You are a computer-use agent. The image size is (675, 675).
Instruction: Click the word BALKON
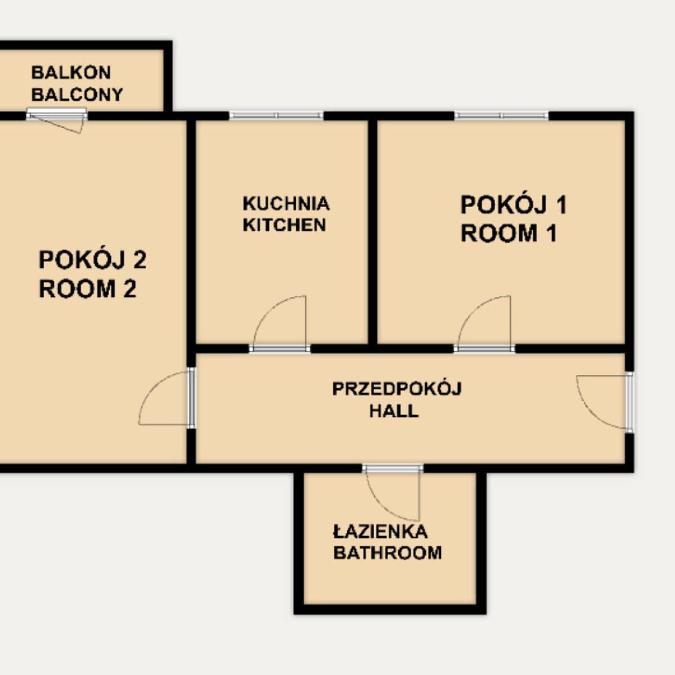click(71, 73)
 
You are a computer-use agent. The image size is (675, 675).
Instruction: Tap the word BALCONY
click(78, 94)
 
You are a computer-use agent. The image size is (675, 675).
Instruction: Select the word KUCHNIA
click(286, 204)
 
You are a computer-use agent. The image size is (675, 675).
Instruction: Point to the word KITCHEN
click(285, 225)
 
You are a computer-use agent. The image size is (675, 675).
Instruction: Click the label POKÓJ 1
click(514, 205)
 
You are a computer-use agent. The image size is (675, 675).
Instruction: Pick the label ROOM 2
click(88, 289)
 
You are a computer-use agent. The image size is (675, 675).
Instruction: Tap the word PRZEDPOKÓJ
click(397, 389)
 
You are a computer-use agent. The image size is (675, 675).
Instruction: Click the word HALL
click(394, 411)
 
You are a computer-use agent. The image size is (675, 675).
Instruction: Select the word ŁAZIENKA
click(380, 532)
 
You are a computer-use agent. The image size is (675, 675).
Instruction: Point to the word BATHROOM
click(388, 553)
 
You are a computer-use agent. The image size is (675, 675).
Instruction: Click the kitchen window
click(276, 116)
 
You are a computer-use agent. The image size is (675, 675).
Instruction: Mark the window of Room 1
click(501, 116)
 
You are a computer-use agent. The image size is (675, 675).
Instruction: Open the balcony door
click(57, 119)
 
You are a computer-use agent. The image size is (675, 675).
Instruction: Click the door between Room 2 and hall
click(166, 398)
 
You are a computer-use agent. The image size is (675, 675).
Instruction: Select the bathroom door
click(393, 492)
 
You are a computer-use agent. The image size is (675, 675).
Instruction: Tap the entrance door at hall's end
click(605, 402)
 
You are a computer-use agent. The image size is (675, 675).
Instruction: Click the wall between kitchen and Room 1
click(373, 232)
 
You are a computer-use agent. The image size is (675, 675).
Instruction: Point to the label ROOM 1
click(509, 233)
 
